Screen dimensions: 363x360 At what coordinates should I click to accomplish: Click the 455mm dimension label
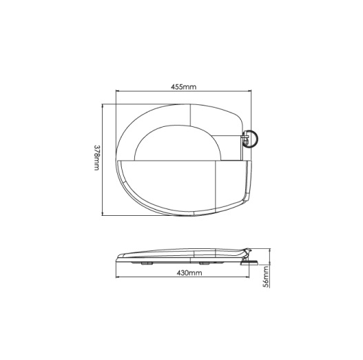click(x=183, y=87)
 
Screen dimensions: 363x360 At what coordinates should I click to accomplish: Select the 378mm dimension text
click(x=96, y=158)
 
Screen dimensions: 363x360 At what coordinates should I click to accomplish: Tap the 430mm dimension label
click(x=189, y=273)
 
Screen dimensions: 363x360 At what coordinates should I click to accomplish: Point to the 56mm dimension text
click(x=267, y=277)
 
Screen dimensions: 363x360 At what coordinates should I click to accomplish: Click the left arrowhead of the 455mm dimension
click(x=117, y=91)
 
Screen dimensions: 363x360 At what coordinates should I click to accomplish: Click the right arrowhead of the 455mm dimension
click(x=249, y=91)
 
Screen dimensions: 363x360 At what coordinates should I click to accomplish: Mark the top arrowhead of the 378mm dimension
click(x=103, y=106)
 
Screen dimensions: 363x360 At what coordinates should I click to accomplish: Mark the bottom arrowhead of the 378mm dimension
click(x=103, y=214)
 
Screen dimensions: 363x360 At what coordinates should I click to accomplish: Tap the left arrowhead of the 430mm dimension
click(x=117, y=277)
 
